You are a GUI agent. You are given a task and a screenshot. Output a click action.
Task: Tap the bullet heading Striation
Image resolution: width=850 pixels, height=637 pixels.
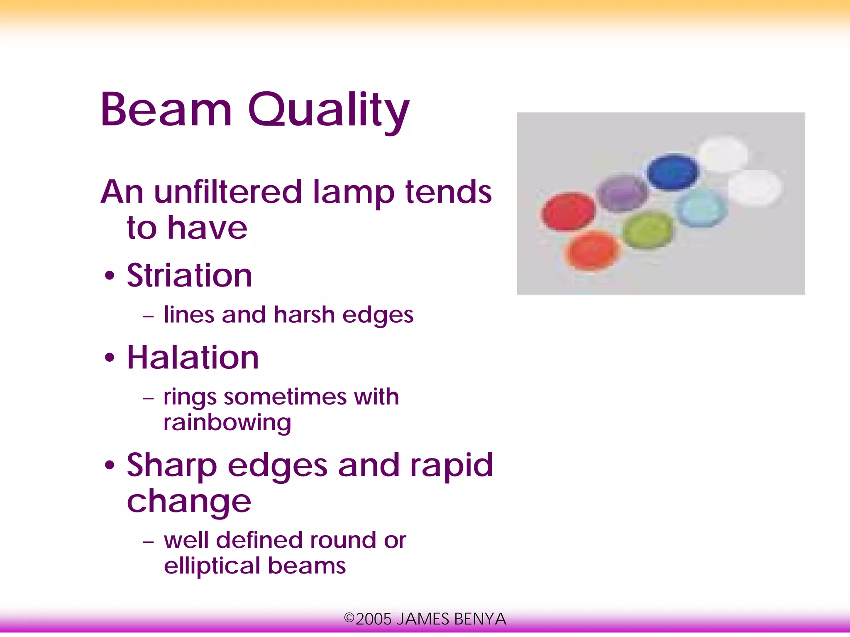pos(189,276)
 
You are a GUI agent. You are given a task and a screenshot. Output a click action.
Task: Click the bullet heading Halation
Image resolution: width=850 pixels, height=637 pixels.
pos(193,358)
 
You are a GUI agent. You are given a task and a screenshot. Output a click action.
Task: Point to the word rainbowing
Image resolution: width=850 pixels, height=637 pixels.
pos(227,423)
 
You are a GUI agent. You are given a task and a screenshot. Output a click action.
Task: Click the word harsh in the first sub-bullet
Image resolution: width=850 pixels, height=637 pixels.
pos(304,315)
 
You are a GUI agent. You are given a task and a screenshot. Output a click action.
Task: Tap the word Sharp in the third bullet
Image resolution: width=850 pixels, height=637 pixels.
pos(172,465)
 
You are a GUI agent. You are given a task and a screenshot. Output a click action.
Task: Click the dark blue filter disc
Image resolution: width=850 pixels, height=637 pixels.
pos(673,171)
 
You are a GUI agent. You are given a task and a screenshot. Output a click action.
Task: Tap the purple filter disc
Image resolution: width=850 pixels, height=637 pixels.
pos(622,193)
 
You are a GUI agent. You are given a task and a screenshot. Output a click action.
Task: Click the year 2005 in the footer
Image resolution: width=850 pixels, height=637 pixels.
pos(374,619)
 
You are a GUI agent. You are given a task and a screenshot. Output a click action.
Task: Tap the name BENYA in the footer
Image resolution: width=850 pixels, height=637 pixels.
pos(480,619)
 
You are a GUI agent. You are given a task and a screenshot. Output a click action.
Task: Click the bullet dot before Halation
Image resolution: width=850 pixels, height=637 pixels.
pos(109,358)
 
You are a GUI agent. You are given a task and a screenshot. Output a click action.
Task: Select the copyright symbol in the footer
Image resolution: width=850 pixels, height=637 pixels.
pos(349,618)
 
